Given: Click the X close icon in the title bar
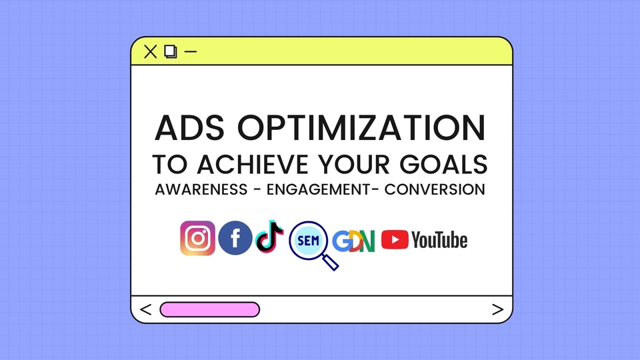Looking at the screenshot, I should tap(151, 51).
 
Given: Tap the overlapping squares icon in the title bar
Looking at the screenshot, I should tap(171, 51).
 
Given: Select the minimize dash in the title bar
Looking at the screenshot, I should tap(191, 51).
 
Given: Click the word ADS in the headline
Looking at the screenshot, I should tap(185, 129).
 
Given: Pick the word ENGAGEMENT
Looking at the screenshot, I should tap(315, 189).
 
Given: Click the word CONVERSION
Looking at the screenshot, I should tap(435, 189).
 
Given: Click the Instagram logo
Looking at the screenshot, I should tap(197, 239).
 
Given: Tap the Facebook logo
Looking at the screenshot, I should tap(235, 239).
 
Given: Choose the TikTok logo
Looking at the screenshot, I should tap(269, 237).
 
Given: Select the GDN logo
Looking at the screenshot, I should tap(354, 240).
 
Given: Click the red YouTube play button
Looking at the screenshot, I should tap(395, 239).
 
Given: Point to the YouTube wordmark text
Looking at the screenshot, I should tap(439, 240).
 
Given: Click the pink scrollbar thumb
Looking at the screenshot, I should tap(209, 309).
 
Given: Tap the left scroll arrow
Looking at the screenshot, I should tap(147, 309).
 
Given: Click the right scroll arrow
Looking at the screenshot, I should tap(497, 309).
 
